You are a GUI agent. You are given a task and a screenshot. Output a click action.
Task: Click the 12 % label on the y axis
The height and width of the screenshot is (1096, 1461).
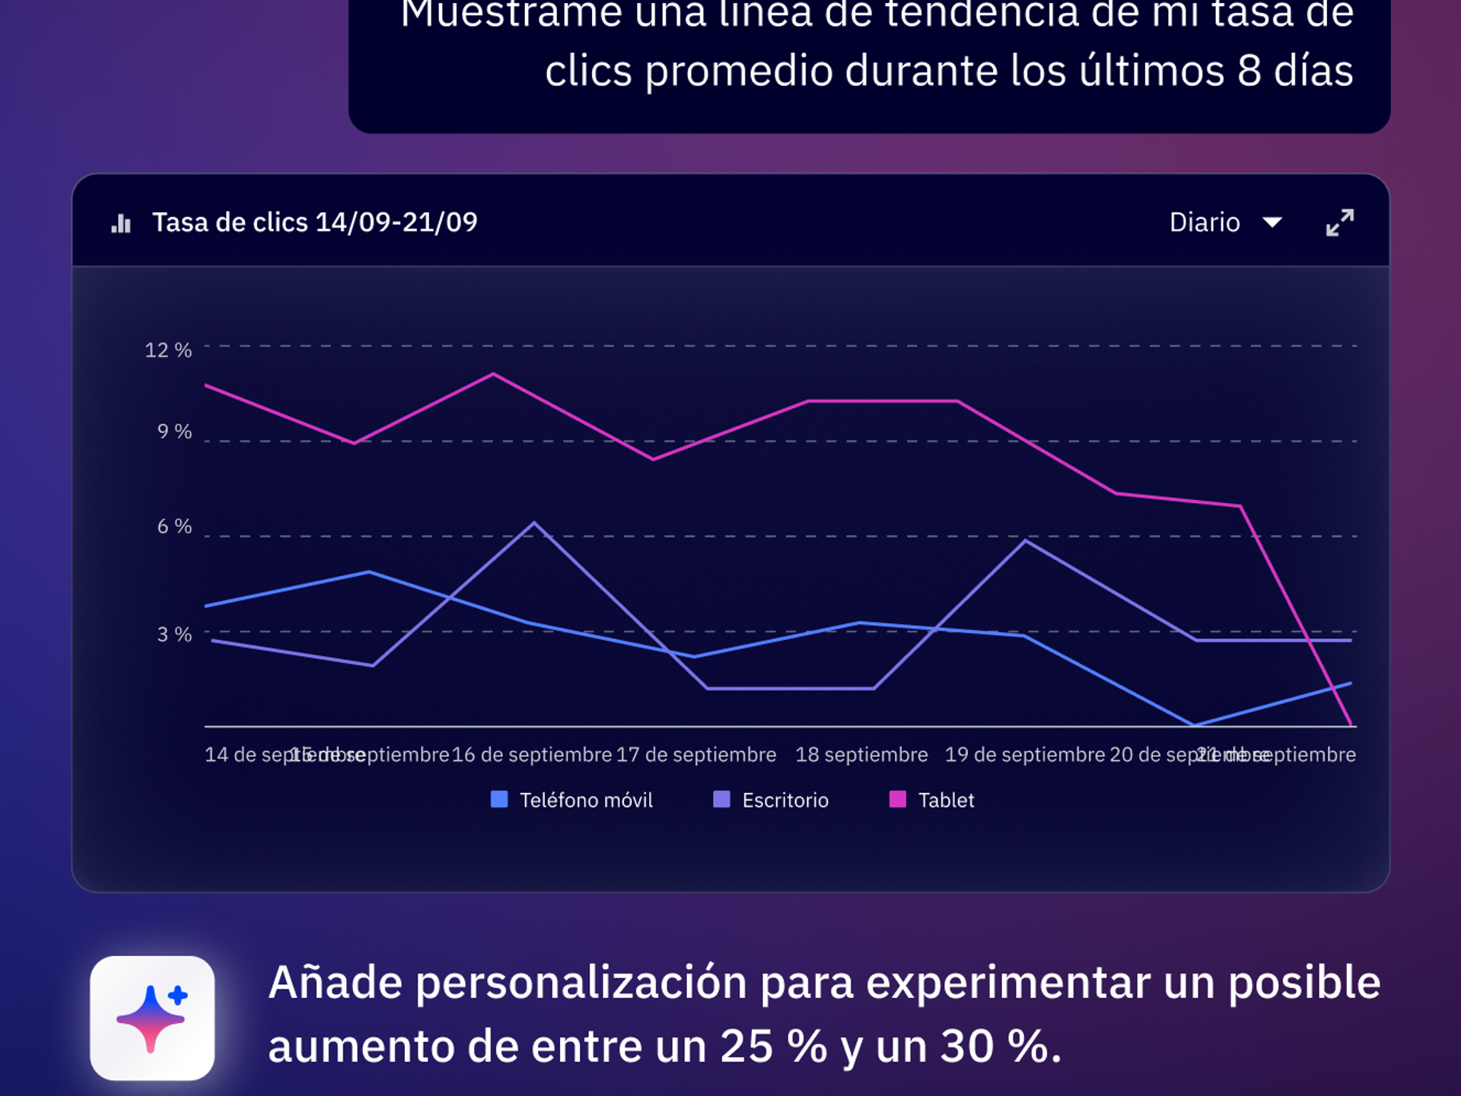click(x=168, y=350)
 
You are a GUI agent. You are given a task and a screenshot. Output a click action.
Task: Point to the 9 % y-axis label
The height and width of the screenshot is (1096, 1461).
click(x=174, y=432)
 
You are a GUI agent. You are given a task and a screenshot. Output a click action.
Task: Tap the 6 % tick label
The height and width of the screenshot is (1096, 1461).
click(x=174, y=526)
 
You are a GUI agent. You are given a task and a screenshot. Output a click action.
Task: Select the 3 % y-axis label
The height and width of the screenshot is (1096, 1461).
click(x=174, y=634)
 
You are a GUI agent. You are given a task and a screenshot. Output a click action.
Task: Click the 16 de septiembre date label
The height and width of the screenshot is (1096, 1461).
click(x=532, y=754)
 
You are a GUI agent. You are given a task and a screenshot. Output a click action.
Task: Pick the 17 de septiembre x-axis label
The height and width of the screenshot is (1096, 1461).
click(x=695, y=754)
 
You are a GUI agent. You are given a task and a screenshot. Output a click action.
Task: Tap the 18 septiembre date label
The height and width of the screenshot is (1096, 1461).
click(x=861, y=754)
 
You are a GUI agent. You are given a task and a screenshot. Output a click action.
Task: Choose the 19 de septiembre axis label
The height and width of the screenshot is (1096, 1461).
click(x=1024, y=754)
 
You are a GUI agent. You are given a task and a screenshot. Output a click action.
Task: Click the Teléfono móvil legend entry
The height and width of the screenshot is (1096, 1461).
click(x=572, y=800)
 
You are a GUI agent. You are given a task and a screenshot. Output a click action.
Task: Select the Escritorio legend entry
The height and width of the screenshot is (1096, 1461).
click(x=771, y=800)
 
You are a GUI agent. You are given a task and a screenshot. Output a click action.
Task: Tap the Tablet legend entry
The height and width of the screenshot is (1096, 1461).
click(x=932, y=800)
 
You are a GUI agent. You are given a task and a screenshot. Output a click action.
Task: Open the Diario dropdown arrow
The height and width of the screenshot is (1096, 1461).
click(x=1272, y=222)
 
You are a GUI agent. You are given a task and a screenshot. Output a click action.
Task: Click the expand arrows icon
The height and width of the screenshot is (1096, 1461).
click(x=1339, y=222)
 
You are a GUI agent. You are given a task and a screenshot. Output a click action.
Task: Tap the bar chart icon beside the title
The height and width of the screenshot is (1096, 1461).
click(x=121, y=223)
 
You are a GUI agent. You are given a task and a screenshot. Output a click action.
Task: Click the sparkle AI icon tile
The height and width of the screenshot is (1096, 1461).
click(x=152, y=1018)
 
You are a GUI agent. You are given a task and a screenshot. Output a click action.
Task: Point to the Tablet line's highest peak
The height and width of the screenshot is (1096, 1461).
click(x=493, y=374)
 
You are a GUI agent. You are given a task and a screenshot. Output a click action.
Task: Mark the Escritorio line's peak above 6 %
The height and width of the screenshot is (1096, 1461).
click(x=534, y=523)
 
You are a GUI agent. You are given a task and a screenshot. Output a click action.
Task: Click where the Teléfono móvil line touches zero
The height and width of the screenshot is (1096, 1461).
click(x=1195, y=725)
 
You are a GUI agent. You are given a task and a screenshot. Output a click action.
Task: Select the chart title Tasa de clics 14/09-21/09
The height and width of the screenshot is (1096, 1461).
click(x=314, y=222)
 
